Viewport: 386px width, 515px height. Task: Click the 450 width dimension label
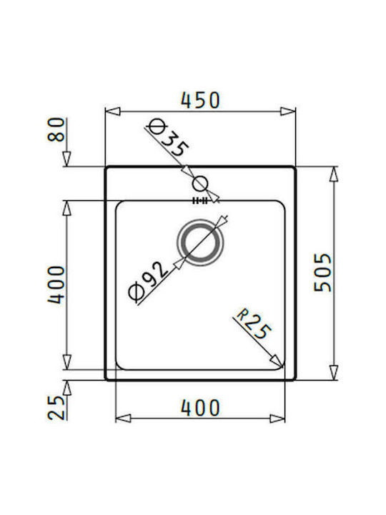(x=200, y=100)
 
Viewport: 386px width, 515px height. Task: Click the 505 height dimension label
(x=323, y=273)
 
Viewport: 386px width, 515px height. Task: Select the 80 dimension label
(x=56, y=129)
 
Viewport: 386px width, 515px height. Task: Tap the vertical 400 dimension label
(x=56, y=285)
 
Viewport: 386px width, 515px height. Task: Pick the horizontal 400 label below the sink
(x=200, y=408)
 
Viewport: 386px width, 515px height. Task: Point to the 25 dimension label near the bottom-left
(x=56, y=408)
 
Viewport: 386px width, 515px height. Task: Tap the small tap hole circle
(x=200, y=184)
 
